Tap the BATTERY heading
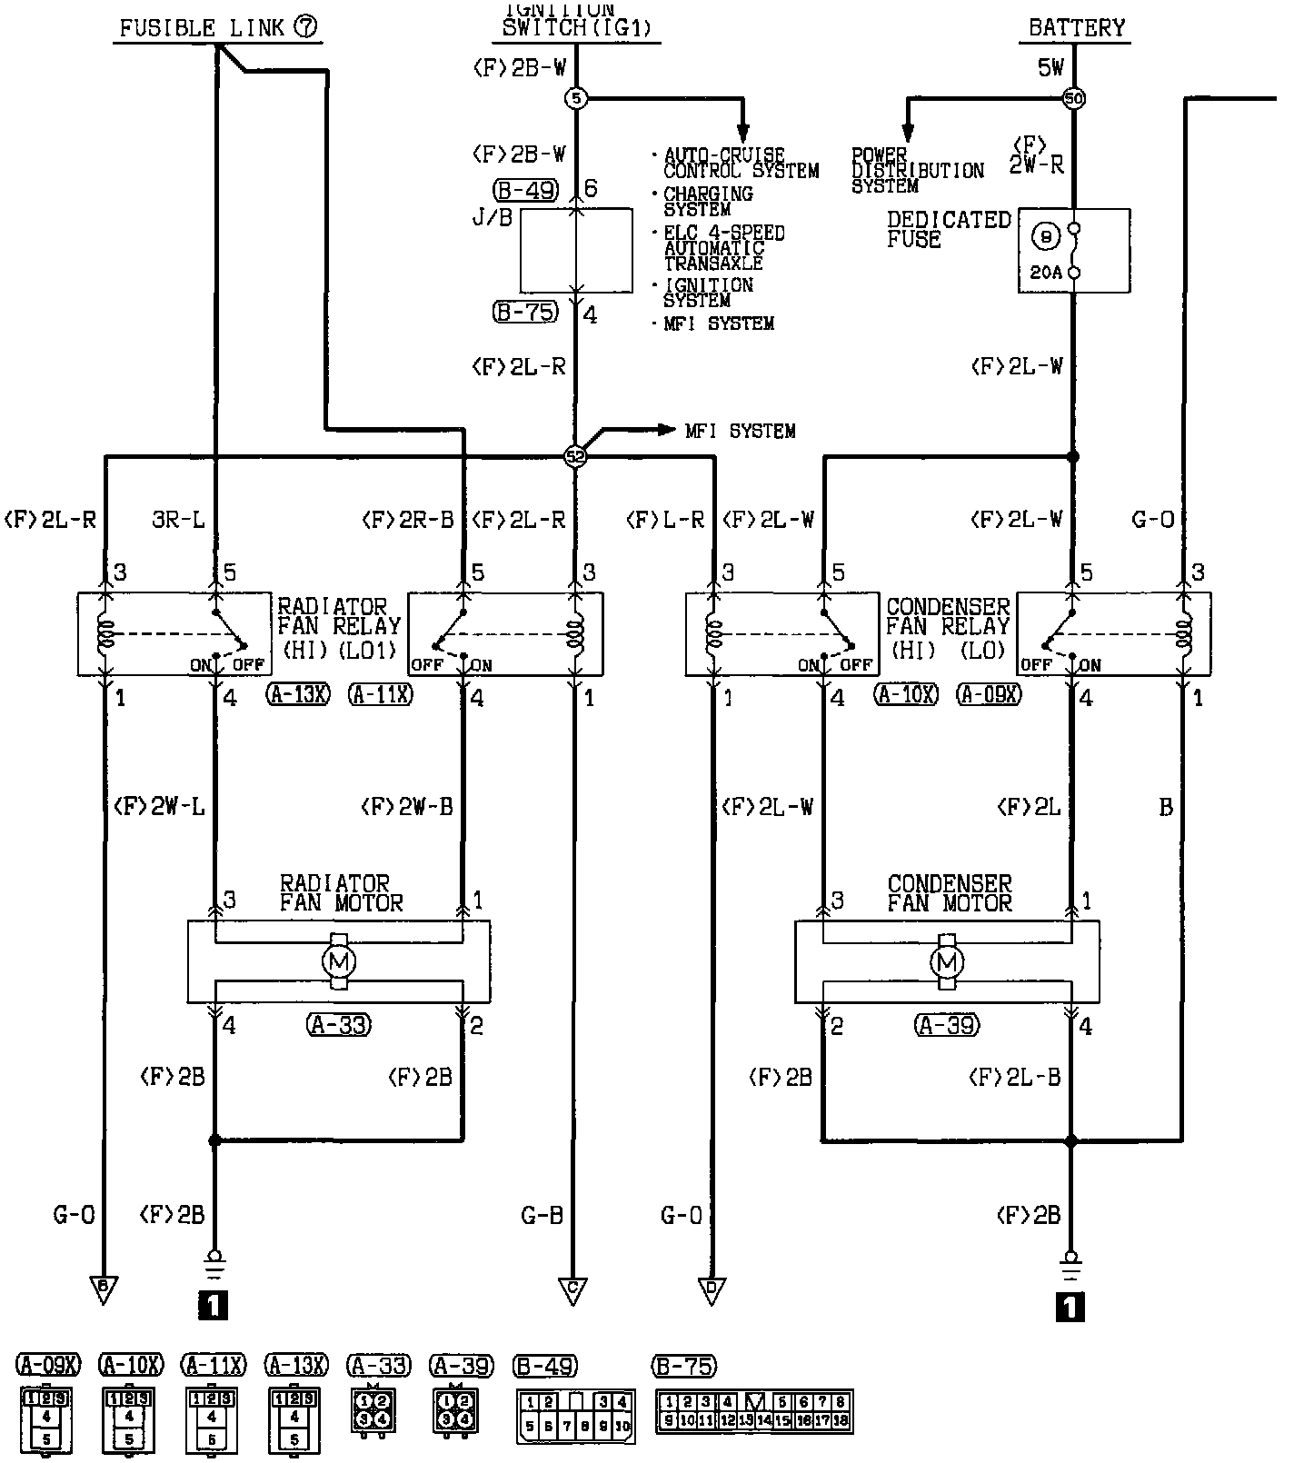coord(1076,27)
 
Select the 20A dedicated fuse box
coord(1073,250)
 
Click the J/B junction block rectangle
coord(576,250)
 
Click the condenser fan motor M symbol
coord(947,961)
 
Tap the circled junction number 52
coord(575,456)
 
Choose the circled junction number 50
coord(1073,98)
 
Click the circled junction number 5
coord(576,98)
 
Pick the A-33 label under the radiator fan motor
coord(339,1025)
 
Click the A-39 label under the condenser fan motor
coord(947,1025)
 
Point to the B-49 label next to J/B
coord(524,190)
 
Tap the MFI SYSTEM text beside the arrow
coord(740,431)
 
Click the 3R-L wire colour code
coord(180,520)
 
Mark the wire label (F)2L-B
coord(1015,1077)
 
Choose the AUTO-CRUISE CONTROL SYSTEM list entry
coord(740,164)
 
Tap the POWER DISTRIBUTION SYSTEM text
coord(917,170)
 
